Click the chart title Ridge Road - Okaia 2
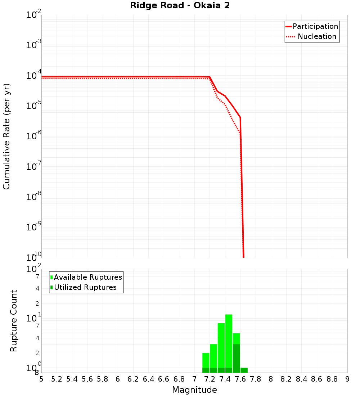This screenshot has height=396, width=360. click(x=180, y=6)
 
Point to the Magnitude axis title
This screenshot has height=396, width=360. click(x=194, y=390)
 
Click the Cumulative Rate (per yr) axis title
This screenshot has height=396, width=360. click(x=6, y=136)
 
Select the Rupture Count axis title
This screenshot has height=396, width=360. click(x=14, y=321)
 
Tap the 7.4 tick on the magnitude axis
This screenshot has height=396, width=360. click(x=225, y=379)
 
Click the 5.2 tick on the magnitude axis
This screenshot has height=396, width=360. click(x=57, y=379)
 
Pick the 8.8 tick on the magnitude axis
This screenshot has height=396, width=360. click(x=332, y=379)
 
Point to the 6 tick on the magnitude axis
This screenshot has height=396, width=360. click(x=118, y=379)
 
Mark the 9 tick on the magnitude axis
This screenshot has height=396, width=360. click(x=347, y=379)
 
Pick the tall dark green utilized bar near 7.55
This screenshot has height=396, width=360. click(x=237, y=358)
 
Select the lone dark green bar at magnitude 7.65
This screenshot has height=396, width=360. click(x=244, y=370)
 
